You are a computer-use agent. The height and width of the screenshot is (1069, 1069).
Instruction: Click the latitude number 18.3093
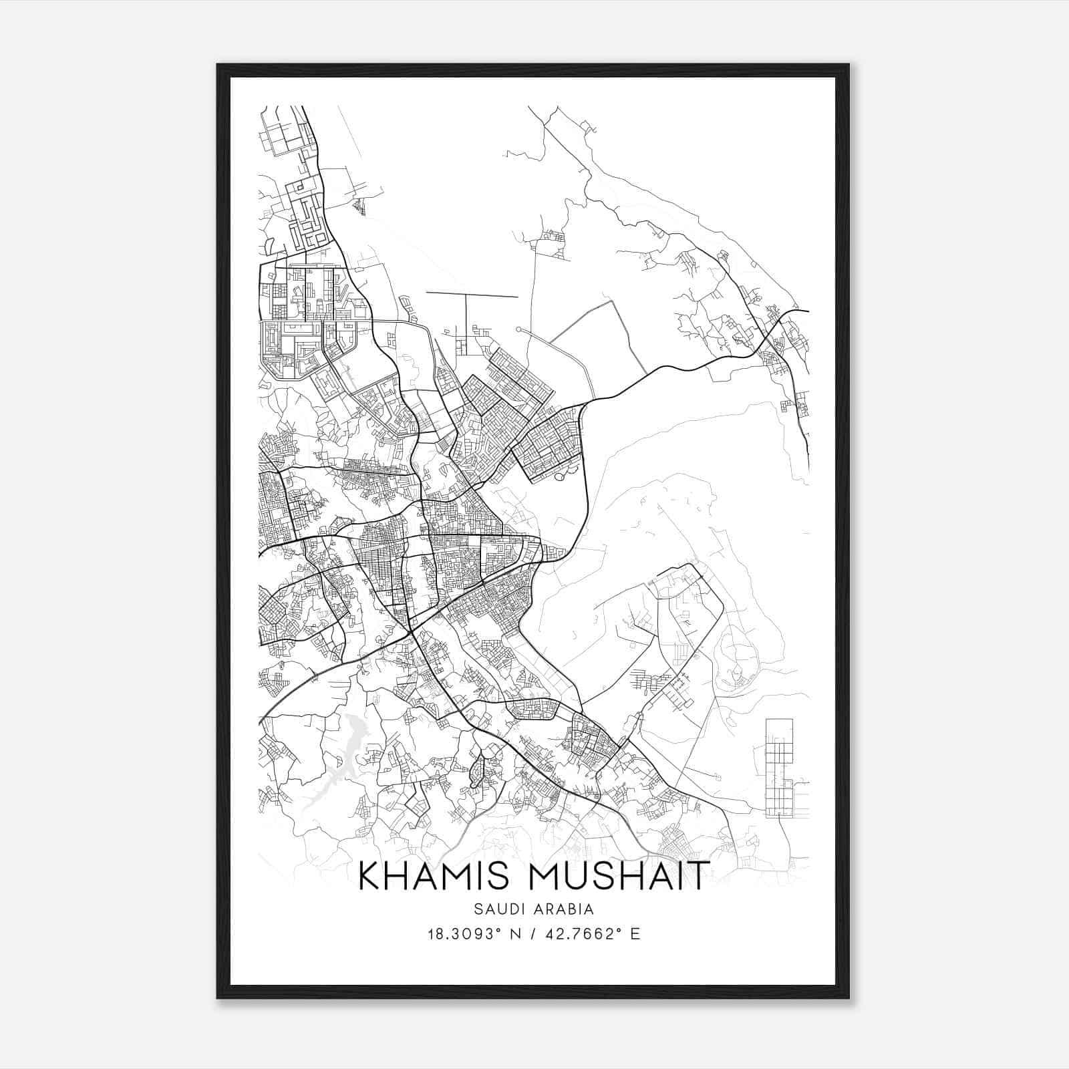tap(463, 934)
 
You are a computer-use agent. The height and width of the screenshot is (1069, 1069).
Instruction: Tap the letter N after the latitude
tap(514, 934)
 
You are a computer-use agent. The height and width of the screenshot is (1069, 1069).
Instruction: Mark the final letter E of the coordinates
tap(635, 934)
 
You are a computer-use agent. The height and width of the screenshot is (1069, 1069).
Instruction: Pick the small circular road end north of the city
tap(518, 329)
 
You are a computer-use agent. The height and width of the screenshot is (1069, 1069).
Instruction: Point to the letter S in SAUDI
tap(478, 909)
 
